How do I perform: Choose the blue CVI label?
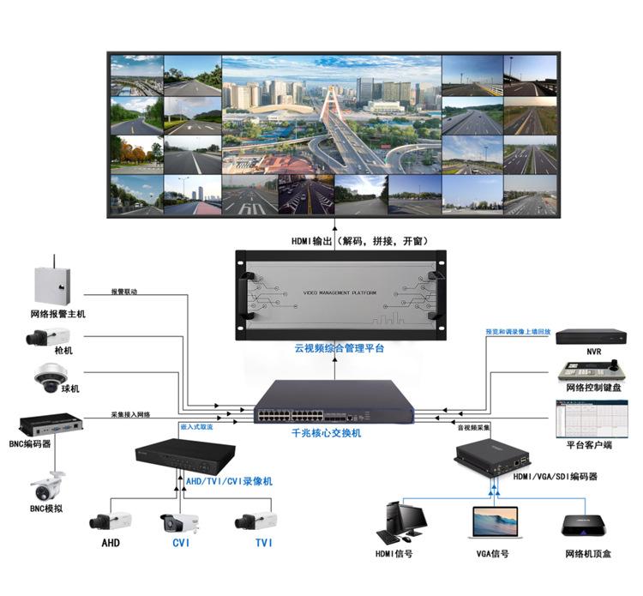180,543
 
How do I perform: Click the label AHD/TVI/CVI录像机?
229,482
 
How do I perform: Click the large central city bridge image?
332,115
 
